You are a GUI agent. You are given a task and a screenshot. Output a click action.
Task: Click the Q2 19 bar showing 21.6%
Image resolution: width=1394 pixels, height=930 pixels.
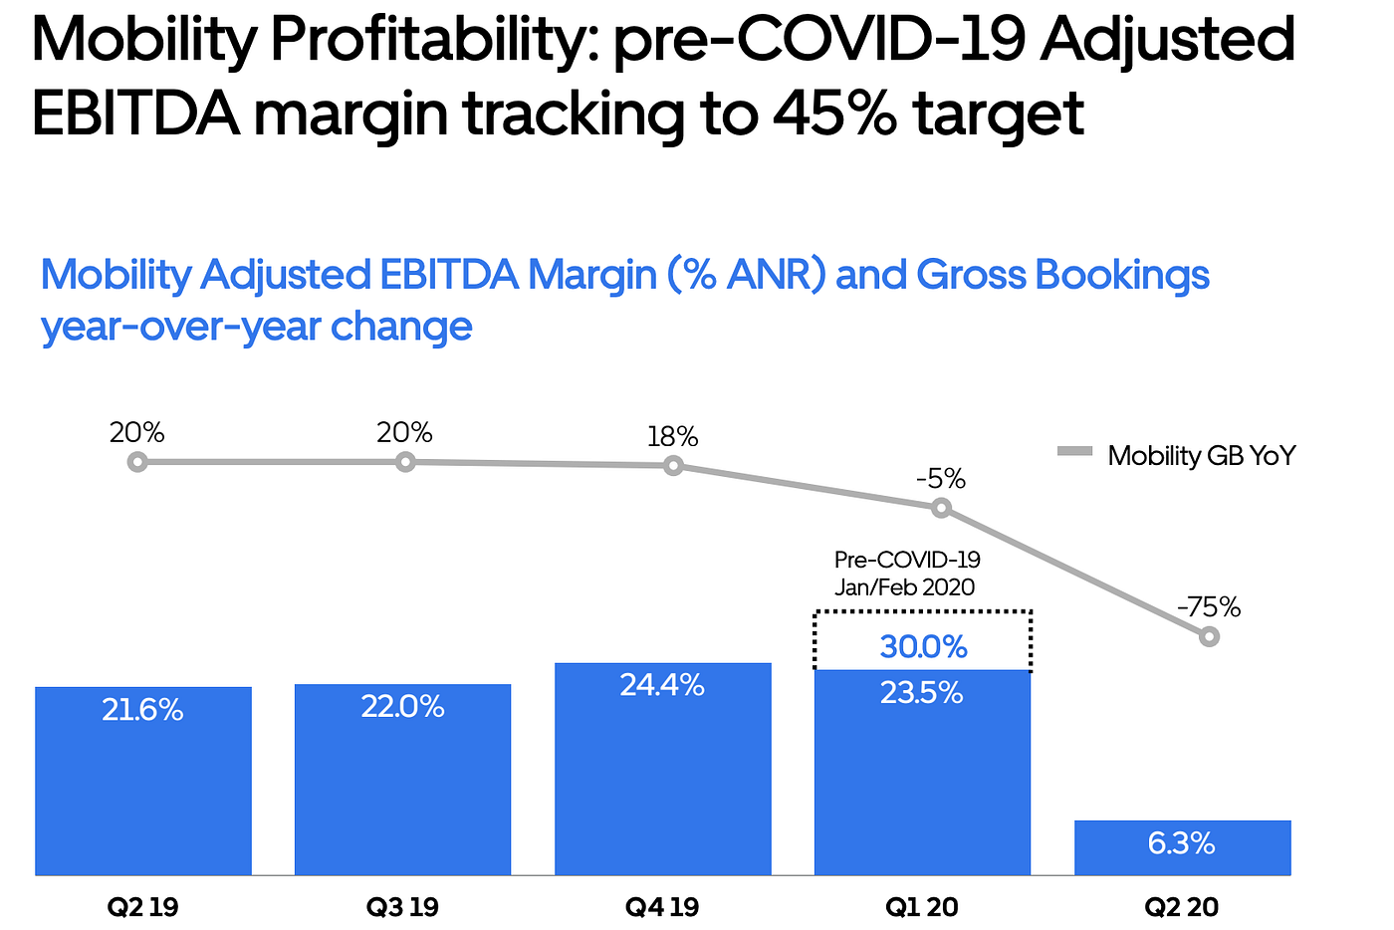point(143,782)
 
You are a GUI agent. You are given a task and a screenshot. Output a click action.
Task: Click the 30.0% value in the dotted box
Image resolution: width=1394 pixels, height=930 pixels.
point(923,647)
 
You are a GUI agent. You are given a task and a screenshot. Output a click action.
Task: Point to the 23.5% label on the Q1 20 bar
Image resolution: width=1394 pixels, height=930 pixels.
point(922,693)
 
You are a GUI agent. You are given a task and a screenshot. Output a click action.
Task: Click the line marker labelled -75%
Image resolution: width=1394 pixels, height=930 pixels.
point(1209,636)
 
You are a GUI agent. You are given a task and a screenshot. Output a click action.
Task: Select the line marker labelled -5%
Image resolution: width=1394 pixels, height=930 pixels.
point(941,509)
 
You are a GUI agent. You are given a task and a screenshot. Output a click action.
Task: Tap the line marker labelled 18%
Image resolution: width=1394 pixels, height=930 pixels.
point(674,465)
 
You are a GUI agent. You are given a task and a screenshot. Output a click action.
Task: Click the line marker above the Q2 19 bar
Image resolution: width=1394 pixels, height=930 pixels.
point(138,462)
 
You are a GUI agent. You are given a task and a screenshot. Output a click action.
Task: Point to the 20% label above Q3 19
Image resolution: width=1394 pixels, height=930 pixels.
point(404,433)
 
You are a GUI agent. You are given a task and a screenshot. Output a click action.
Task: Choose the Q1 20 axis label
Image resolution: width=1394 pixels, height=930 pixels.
point(922,907)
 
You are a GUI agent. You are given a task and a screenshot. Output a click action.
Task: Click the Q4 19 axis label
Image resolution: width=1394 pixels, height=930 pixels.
point(662,907)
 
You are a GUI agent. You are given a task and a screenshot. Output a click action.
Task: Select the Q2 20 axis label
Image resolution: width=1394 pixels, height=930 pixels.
point(1182,907)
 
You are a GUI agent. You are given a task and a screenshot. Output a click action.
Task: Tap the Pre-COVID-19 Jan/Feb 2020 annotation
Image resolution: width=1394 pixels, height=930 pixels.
point(906,574)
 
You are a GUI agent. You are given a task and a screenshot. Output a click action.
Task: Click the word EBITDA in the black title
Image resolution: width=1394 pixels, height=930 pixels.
point(135,114)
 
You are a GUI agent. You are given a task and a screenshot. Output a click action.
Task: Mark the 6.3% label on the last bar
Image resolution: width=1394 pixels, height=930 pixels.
point(1182,844)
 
